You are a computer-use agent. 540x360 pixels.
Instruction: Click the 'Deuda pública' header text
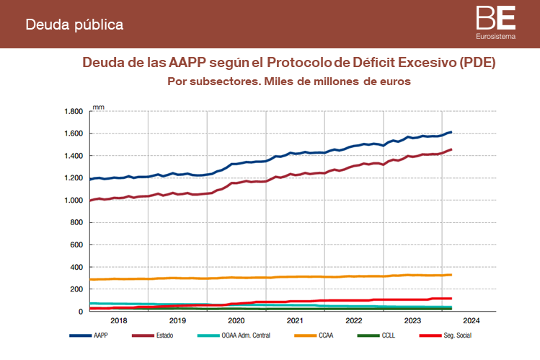pyautogui.click(x=74, y=25)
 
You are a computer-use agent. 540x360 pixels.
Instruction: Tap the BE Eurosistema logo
pyautogui.click(x=495, y=21)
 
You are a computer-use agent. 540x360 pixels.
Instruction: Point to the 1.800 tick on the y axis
pyautogui.click(x=74, y=112)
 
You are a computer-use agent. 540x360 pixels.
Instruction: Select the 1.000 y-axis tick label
pyautogui.click(x=74, y=201)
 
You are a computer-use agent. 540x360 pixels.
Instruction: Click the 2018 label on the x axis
pyautogui.click(x=118, y=320)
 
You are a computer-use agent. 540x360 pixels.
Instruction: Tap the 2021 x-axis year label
pyautogui.click(x=295, y=320)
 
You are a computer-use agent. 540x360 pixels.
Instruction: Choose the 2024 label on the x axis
pyautogui.click(x=471, y=320)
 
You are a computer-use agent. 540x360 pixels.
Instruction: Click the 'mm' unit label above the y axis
pyautogui.click(x=99, y=107)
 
